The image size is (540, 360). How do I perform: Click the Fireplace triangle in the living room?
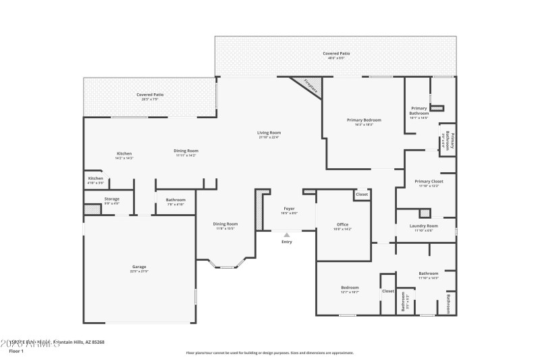[x=312, y=86]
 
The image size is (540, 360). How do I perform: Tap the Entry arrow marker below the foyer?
[x=287, y=234]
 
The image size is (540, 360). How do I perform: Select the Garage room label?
[x=140, y=267]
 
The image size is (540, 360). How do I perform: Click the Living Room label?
[x=269, y=133]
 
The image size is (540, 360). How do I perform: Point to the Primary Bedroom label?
[x=360, y=121]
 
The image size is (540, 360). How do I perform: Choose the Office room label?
[x=342, y=225]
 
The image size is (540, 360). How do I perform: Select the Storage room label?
[x=111, y=199]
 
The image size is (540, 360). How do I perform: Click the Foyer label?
[x=289, y=209]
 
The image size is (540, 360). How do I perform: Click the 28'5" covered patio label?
[x=150, y=95]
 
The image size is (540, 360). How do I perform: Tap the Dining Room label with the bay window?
[x=225, y=224]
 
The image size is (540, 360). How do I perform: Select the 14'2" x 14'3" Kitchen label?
[x=124, y=154]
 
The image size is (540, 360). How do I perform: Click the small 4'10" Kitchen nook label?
[x=95, y=179]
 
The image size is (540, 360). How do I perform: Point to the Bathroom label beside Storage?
[x=175, y=200]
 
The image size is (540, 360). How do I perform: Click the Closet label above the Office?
[x=362, y=195]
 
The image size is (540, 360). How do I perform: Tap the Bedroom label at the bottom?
[x=350, y=288]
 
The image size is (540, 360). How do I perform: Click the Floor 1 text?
[x=16, y=351]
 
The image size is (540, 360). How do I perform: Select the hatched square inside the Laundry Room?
[x=425, y=213]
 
